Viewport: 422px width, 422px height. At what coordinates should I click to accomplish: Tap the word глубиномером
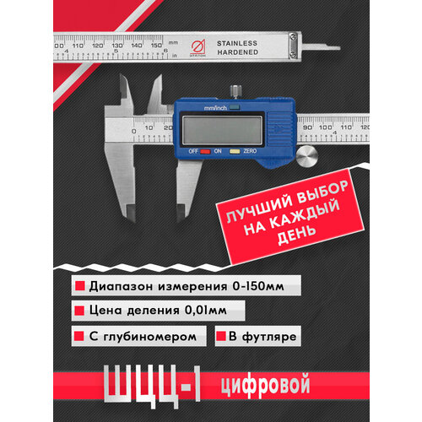tap(156, 335)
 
